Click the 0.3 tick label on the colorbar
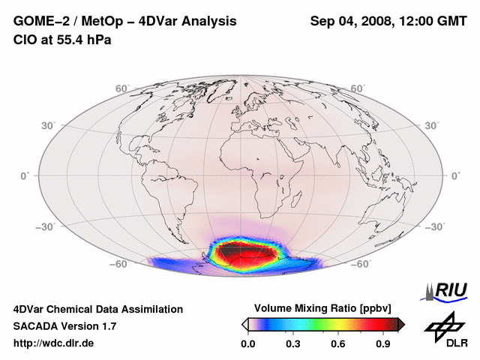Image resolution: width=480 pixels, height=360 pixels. pyautogui.click(x=294, y=344)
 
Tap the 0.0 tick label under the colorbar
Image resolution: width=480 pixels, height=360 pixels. pyautogui.click(x=249, y=344)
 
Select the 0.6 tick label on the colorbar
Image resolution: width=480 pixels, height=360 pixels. pyautogui.click(x=339, y=344)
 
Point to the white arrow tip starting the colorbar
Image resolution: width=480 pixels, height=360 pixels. pyautogui.click(x=245, y=324)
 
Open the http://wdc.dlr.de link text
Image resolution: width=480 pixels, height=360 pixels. pyautogui.click(x=54, y=344)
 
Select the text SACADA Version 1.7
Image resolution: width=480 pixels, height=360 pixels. pyautogui.click(x=64, y=326)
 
